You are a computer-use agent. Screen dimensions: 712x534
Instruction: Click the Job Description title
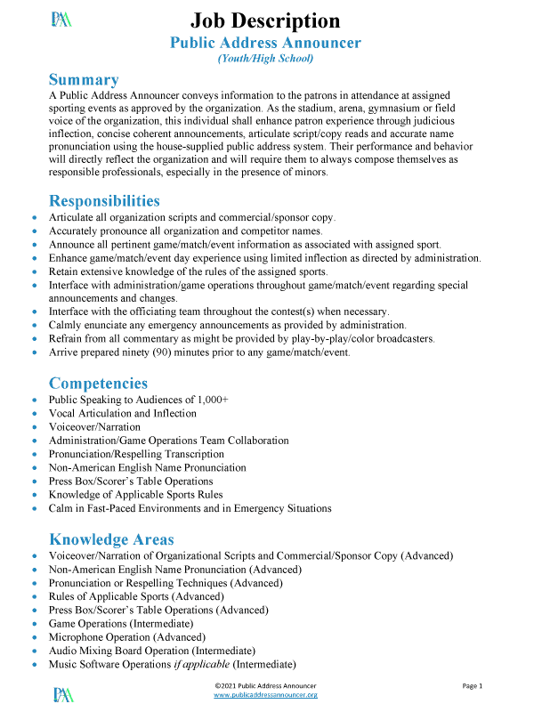click(x=265, y=20)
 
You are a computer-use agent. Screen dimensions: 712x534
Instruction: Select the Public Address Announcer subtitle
click(x=265, y=43)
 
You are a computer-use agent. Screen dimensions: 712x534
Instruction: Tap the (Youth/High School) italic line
click(x=265, y=59)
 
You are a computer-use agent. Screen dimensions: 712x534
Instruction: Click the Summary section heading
click(x=84, y=79)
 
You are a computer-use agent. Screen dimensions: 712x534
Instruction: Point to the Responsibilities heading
click(x=104, y=200)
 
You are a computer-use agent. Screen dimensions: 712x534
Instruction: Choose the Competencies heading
click(x=98, y=384)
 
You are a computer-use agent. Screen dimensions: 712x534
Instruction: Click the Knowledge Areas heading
click(x=111, y=539)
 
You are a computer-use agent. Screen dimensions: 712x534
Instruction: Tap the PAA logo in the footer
click(x=63, y=693)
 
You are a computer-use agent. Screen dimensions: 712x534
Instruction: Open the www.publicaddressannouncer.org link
click(x=266, y=695)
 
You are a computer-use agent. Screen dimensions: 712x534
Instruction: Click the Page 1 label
click(x=472, y=686)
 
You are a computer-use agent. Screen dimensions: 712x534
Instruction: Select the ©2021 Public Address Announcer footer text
click(x=266, y=685)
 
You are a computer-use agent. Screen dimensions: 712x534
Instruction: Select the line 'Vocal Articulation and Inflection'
click(x=123, y=414)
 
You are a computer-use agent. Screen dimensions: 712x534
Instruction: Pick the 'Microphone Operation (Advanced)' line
click(x=128, y=637)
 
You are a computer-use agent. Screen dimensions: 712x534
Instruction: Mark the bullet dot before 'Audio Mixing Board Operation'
click(x=35, y=651)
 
